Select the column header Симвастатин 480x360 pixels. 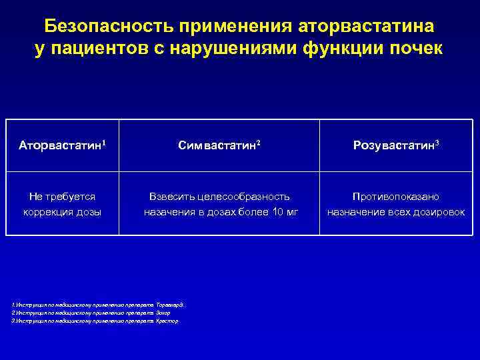(x=217, y=145)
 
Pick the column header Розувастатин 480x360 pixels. (x=393, y=145)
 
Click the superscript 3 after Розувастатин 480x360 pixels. (x=437, y=142)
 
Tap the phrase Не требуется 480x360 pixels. (x=62, y=197)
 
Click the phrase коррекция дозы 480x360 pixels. (x=62, y=213)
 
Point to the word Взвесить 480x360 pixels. (x=173, y=197)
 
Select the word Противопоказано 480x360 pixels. (x=396, y=197)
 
